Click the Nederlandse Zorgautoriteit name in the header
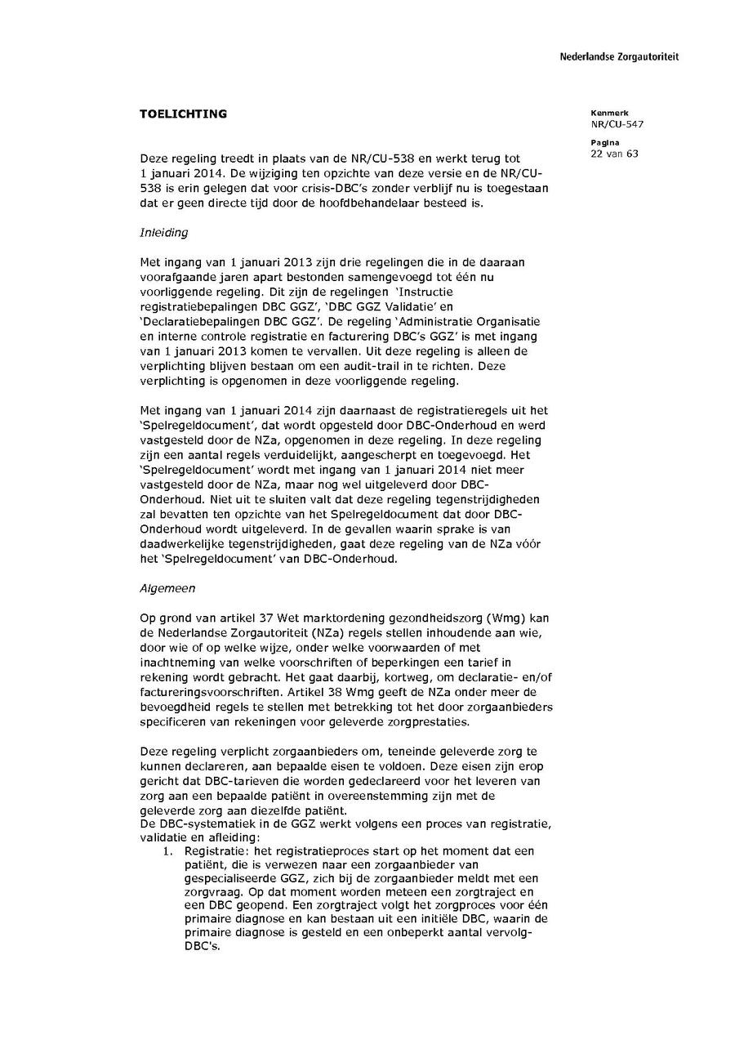click(618, 57)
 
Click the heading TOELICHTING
click(183, 114)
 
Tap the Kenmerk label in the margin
click(604, 113)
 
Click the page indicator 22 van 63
click(614, 154)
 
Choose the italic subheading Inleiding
click(163, 232)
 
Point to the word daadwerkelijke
click(183, 544)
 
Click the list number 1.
click(168, 850)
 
